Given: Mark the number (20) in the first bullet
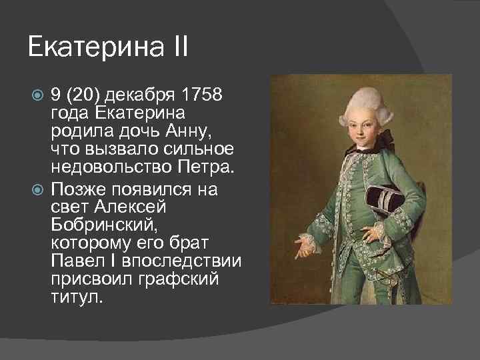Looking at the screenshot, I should click(x=83, y=95).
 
